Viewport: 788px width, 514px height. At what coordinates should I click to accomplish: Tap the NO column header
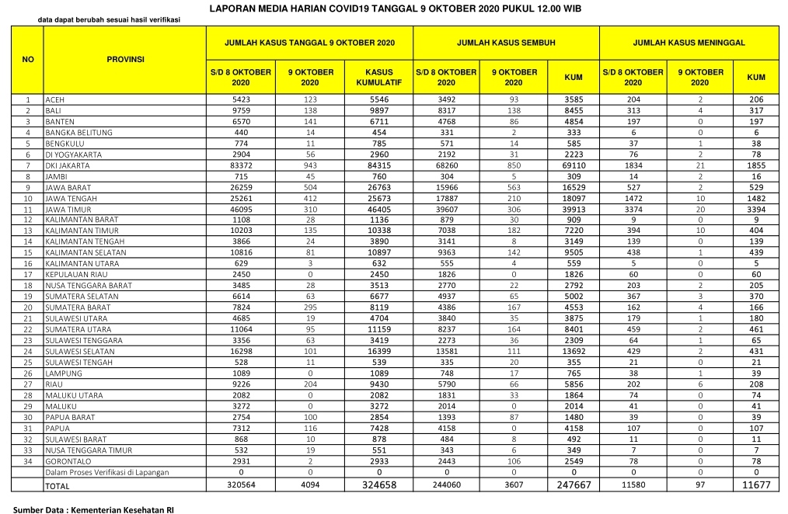pyautogui.click(x=27, y=58)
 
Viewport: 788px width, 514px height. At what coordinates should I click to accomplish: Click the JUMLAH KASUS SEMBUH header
pyautogui.click(x=506, y=42)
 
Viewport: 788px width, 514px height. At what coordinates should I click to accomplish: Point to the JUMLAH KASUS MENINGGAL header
pyautogui.click(x=689, y=42)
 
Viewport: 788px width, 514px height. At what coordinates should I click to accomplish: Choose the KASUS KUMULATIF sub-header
pyautogui.click(x=378, y=76)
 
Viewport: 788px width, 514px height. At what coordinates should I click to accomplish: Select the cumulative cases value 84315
pyautogui.click(x=378, y=165)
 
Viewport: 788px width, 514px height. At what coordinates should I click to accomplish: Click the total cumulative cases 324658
pyautogui.click(x=378, y=485)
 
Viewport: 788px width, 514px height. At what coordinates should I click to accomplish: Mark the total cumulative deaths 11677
pyautogui.click(x=755, y=485)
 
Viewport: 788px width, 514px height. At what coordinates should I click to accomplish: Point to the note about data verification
pyautogui.click(x=108, y=19)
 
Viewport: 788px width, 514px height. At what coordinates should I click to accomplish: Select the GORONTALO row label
pyautogui.click(x=67, y=460)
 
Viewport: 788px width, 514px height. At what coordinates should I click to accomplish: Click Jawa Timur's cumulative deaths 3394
pyautogui.click(x=755, y=209)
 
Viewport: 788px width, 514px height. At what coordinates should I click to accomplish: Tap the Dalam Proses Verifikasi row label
pyautogui.click(x=107, y=472)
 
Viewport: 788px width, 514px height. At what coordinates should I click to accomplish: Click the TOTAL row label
pyautogui.click(x=58, y=486)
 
